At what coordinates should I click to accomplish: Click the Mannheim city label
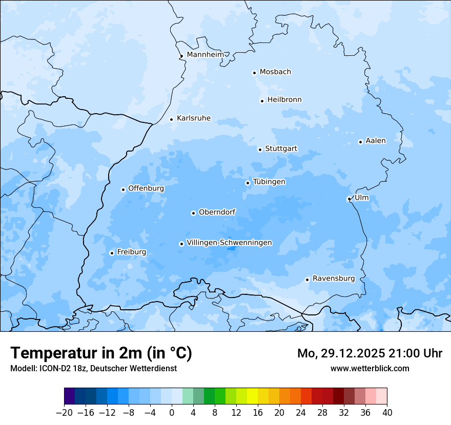205,54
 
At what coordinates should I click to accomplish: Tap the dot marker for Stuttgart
260,150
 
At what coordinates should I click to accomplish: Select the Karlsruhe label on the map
193,118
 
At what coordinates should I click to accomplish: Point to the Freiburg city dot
112,253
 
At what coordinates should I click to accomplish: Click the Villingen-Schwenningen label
229,243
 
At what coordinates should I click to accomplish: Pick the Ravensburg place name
333,279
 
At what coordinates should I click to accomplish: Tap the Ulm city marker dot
349,199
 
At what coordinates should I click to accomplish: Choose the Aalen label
375,141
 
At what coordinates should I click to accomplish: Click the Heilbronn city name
284,100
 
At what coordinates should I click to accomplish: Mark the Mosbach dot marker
254,73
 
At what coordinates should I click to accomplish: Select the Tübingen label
269,182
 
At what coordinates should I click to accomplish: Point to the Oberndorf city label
217,212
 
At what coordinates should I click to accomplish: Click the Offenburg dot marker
123,189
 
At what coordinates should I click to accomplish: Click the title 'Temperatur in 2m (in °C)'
101,353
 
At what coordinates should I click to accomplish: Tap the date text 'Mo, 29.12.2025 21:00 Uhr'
370,353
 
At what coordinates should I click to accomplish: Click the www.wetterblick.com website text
370,368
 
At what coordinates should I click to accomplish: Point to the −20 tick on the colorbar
65,413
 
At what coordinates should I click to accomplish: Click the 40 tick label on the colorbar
387,413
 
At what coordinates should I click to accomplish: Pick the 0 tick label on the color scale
172,413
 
